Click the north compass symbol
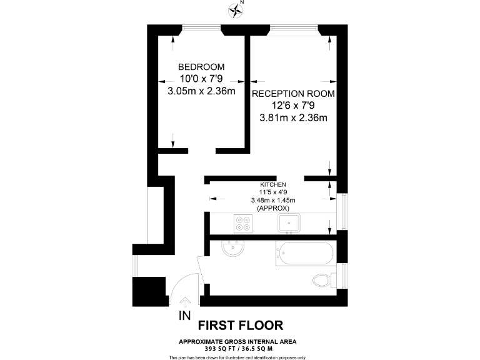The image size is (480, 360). coord(236,9)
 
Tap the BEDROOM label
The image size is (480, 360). coord(201,67)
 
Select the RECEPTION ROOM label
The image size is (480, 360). coord(293,94)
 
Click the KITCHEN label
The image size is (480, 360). coord(273,185)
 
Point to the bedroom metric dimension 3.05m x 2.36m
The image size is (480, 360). coord(201,91)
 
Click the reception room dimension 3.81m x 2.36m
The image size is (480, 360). coord(293,117)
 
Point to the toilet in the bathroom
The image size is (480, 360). coord(323,280)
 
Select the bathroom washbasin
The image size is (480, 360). coord(233,249)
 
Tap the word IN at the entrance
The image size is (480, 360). coord(184,316)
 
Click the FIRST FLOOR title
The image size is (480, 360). coord(241,325)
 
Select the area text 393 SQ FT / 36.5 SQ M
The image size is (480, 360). coord(238,347)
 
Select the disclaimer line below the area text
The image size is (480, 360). coord(238,357)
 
